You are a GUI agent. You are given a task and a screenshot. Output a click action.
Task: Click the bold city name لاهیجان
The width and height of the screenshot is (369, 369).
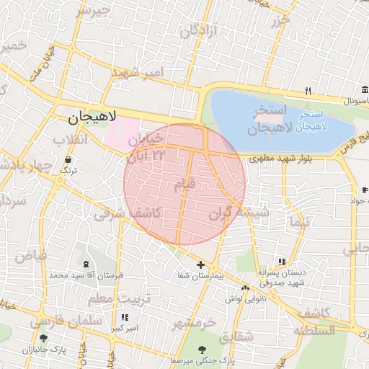coord(92,117)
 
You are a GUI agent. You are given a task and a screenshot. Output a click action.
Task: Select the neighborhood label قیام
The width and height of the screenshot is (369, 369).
coord(184,185)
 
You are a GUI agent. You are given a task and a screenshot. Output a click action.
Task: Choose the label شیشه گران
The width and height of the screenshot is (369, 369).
coord(240,213)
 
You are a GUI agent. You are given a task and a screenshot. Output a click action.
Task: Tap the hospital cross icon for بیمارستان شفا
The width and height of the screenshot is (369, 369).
coord(200,265)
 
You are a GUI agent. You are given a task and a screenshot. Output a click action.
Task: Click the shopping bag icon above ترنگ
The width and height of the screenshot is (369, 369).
coord(67,160)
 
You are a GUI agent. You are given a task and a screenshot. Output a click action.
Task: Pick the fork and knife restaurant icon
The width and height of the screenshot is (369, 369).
coord(308,91)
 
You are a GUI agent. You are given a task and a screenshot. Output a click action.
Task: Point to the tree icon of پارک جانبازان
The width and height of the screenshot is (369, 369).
coord(44,338)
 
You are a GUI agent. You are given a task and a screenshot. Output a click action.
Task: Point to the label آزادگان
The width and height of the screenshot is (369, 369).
coord(195,32)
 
